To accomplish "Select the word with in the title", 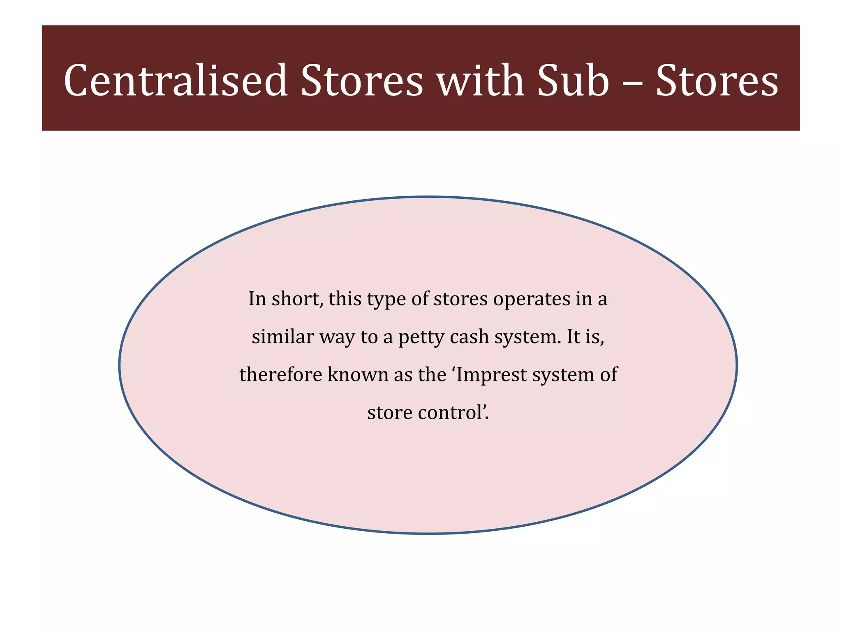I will (x=480, y=81).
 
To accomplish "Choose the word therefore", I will (x=280, y=375).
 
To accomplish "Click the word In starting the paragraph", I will (x=257, y=299).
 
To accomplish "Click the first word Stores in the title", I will (x=361, y=81).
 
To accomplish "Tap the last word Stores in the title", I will (x=717, y=81).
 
